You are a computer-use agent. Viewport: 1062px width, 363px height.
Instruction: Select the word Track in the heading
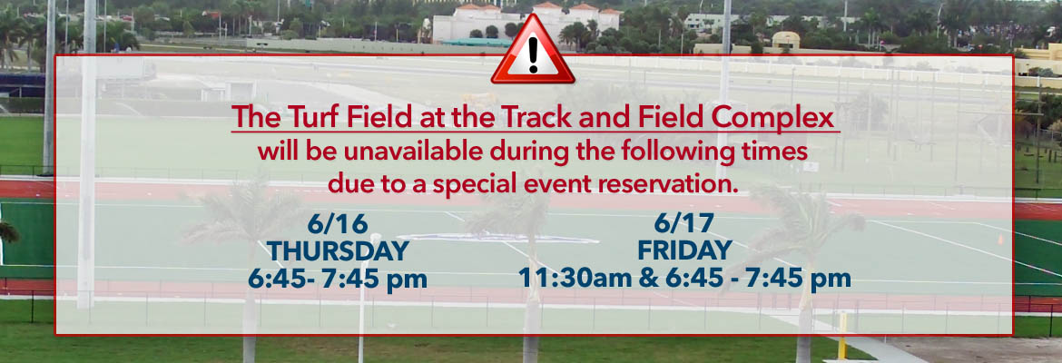[x=537, y=118]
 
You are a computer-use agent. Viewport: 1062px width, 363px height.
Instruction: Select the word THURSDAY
[x=338, y=251]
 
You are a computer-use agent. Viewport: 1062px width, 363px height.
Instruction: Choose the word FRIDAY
[x=684, y=250]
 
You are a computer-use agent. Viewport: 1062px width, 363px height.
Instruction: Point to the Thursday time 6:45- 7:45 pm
[x=338, y=279]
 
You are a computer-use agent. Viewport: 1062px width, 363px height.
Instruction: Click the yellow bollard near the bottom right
[x=842, y=337]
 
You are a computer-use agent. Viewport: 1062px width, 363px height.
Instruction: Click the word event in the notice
[x=544, y=183]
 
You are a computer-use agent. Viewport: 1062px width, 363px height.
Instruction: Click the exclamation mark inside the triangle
[x=533, y=54]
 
